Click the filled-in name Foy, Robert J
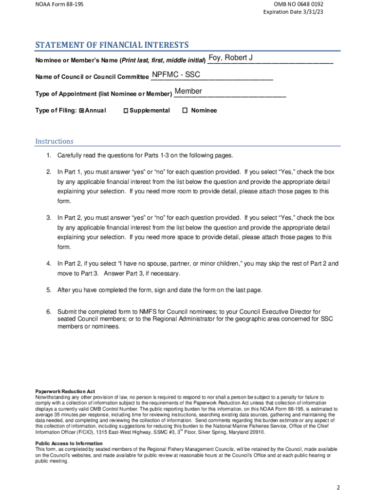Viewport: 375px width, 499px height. point(230,58)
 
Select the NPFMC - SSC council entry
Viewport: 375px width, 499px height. point(176,75)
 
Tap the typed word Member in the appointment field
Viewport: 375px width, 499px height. point(188,92)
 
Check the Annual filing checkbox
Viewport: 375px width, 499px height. point(81,111)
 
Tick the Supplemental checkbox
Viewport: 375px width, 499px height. point(125,111)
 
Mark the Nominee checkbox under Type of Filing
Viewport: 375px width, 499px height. point(185,111)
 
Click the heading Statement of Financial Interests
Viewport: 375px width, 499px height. point(112,45)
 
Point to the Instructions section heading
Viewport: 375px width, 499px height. point(54,141)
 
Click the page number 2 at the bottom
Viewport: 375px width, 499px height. point(338,487)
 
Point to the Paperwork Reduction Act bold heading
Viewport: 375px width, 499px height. point(65,391)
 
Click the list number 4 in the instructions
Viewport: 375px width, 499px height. point(49,264)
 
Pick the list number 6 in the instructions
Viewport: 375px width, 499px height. point(49,311)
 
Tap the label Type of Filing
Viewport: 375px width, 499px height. point(56,111)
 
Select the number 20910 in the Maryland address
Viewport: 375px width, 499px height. point(257,432)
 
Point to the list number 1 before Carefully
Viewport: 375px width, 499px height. point(49,155)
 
